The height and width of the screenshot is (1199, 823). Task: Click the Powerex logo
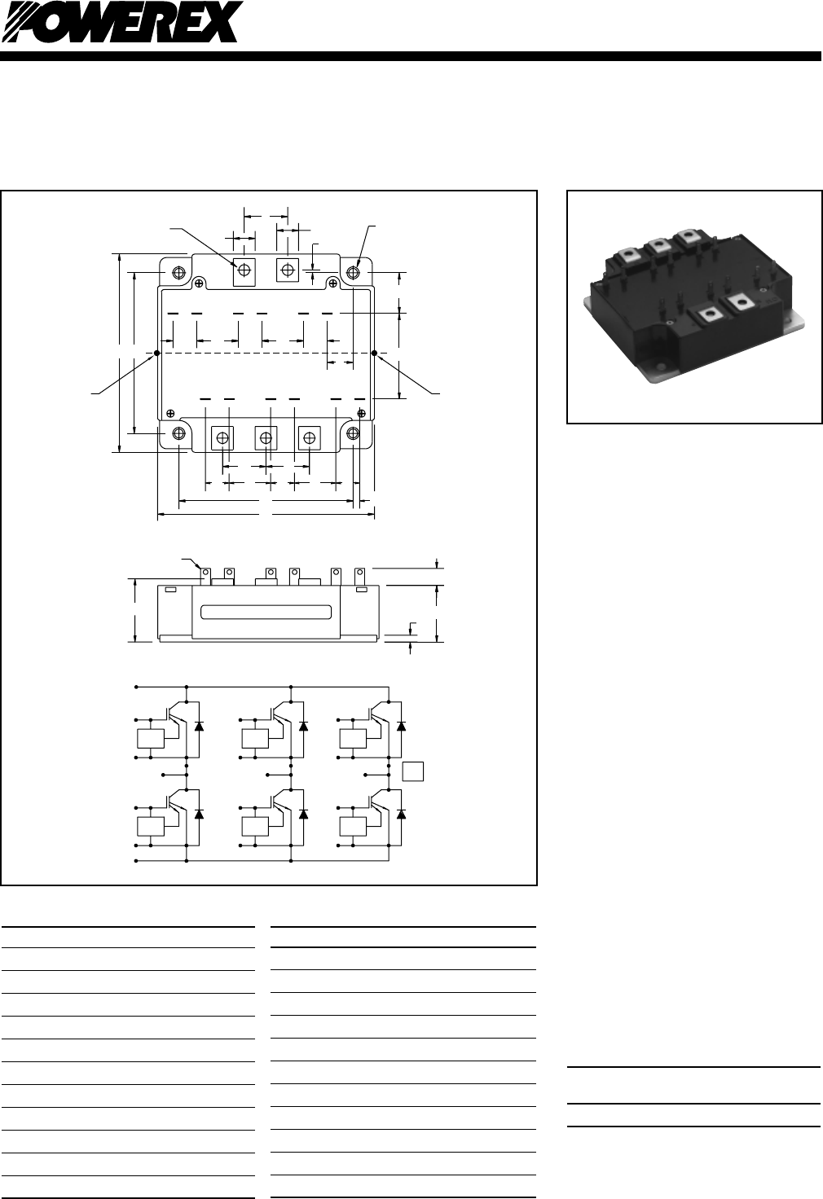(122, 22)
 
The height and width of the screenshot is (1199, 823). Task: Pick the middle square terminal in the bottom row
(266, 438)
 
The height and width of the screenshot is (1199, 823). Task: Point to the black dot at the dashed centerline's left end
(157, 354)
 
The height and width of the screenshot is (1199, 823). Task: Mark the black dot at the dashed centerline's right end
(374, 354)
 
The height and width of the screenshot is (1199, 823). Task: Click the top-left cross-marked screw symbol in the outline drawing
(200, 283)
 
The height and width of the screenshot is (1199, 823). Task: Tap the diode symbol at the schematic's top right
(400, 726)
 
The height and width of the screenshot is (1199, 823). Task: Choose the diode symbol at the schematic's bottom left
(199, 814)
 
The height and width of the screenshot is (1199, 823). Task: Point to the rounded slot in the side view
(266, 612)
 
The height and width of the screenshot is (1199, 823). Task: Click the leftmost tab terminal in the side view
(206, 574)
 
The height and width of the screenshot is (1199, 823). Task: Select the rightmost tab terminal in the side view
(359, 574)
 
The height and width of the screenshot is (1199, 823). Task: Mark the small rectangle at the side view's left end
(171, 589)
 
